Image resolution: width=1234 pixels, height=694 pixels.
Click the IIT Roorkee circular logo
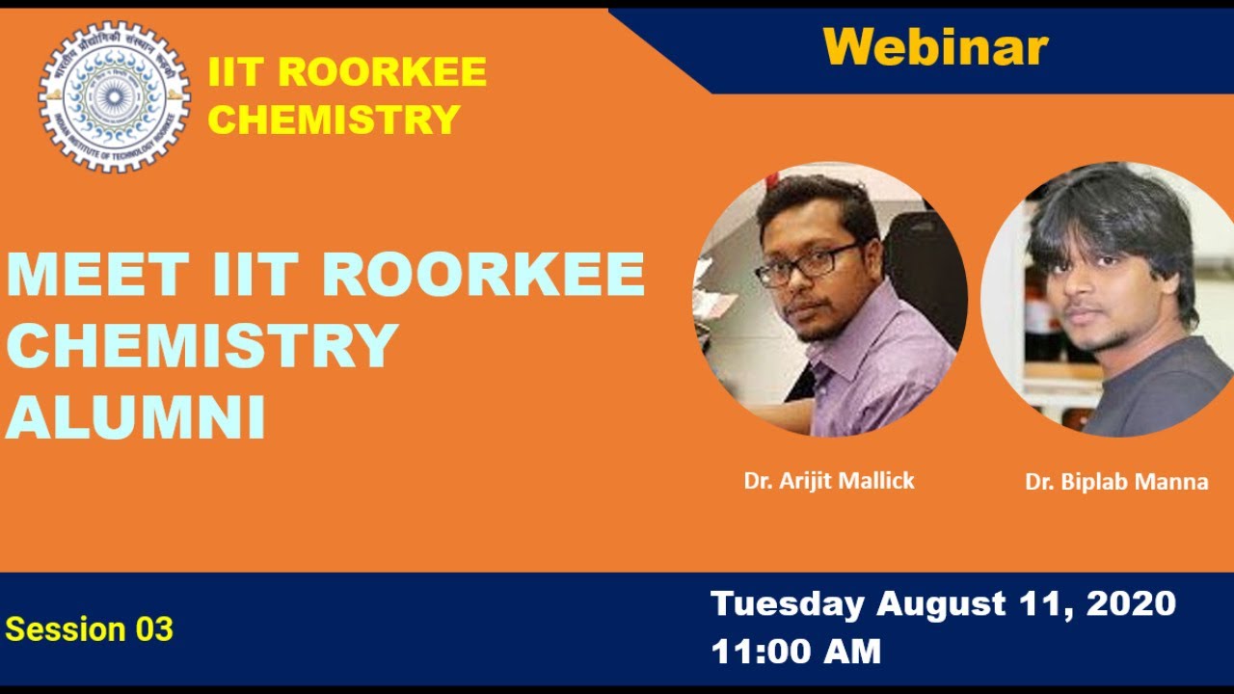(x=114, y=96)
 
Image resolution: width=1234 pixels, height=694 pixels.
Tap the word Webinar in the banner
(x=935, y=46)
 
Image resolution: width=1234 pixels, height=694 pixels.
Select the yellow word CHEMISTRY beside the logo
(x=334, y=120)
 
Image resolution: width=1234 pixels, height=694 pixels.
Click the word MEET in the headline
(x=96, y=275)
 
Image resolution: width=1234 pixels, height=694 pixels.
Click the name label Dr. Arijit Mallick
(x=829, y=480)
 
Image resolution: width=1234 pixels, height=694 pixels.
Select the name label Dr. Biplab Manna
(x=1116, y=482)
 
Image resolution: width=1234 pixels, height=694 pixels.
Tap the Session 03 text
(x=90, y=629)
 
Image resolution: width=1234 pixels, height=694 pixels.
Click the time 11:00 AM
(x=796, y=652)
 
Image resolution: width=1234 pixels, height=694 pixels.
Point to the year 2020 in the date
(x=1131, y=604)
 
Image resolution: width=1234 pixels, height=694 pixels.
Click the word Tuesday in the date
(x=788, y=604)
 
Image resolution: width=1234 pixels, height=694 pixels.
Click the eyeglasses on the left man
(x=805, y=265)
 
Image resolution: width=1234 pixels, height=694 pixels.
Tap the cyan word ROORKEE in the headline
(x=483, y=275)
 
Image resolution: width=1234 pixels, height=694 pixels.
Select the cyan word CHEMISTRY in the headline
(x=202, y=346)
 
